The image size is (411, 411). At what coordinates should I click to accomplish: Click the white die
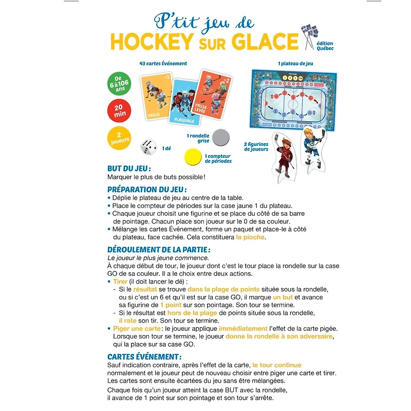click(149, 147)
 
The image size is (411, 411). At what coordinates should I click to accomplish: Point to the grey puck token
click(221, 137)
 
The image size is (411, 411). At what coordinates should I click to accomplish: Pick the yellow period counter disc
click(194, 156)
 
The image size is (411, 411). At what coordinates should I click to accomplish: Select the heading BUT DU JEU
click(129, 169)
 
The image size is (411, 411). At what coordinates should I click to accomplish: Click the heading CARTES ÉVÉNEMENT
click(144, 356)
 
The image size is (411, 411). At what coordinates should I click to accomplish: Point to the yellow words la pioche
click(251, 237)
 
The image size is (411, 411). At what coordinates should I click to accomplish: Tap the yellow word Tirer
click(120, 282)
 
